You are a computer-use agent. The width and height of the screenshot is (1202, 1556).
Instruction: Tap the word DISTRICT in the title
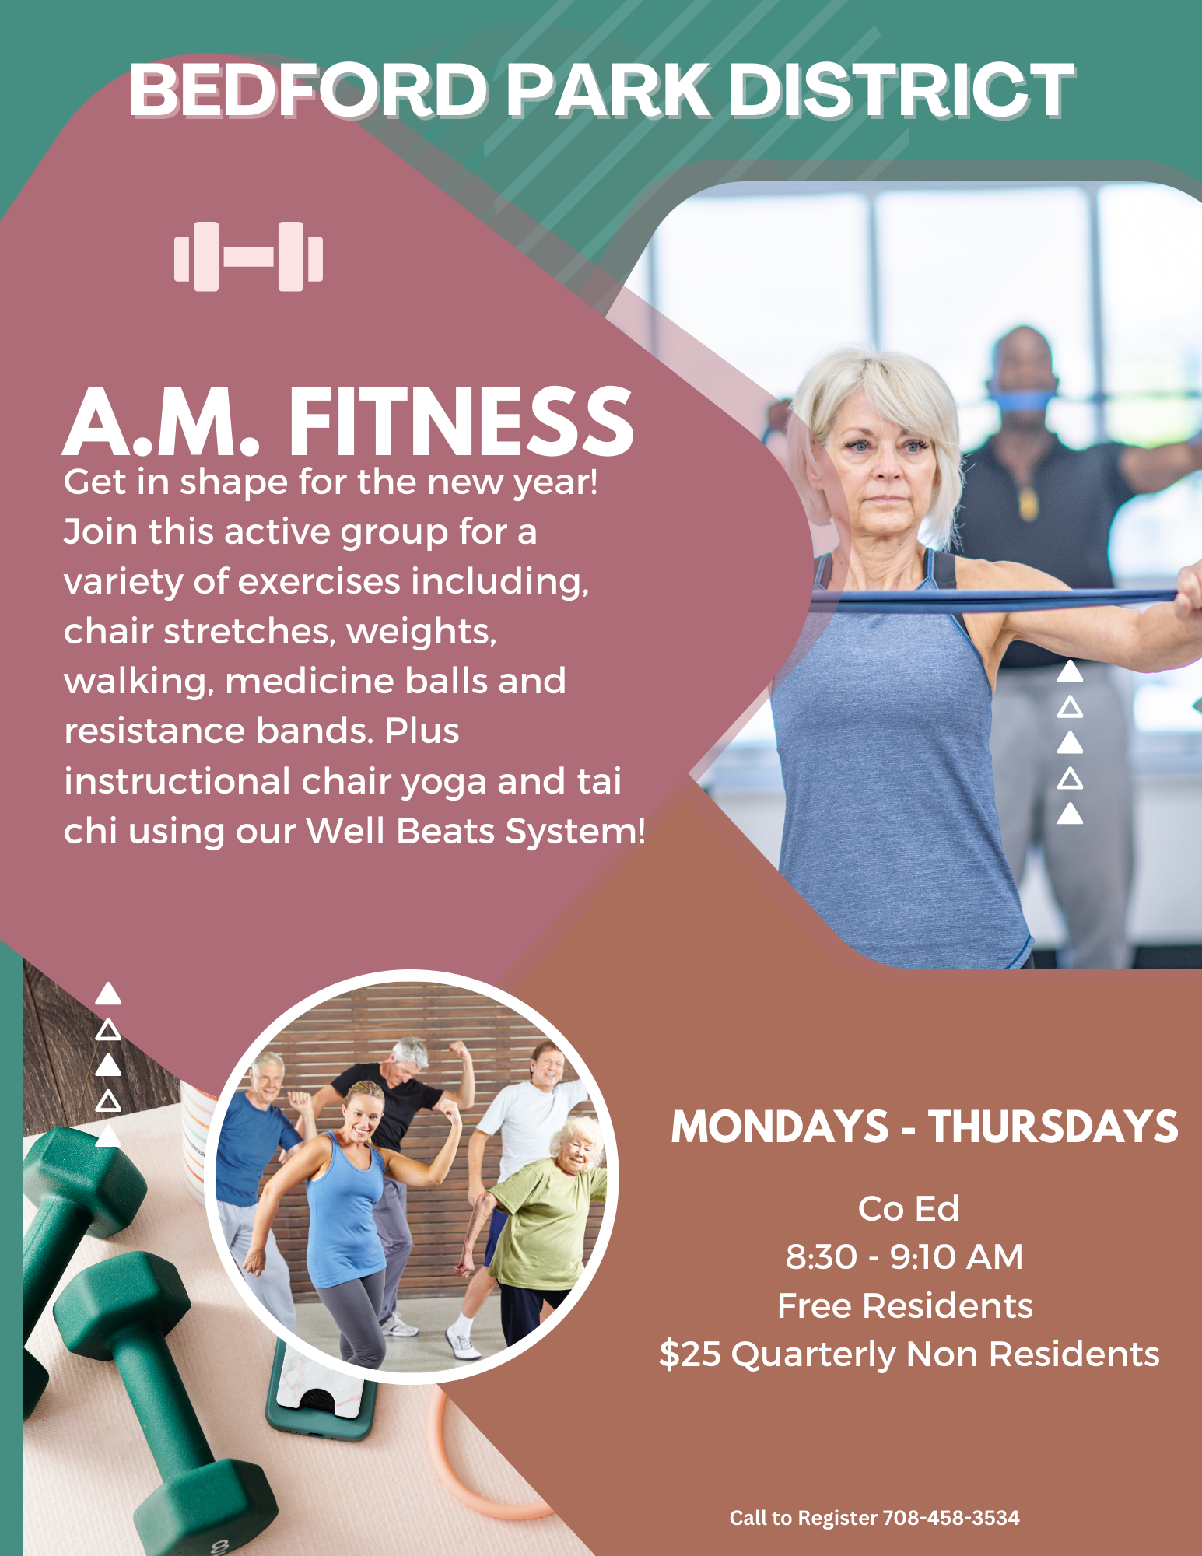coord(901,91)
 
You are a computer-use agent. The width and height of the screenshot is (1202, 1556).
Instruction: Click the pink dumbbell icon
coord(248,257)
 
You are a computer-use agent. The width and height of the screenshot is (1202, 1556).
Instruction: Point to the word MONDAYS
coord(780,1127)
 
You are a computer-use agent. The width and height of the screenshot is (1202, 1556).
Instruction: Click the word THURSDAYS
coord(1053,1127)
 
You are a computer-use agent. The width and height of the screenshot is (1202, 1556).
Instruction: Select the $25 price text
coord(690,1354)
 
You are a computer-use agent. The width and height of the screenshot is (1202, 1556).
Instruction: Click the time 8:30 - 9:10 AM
coord(904,1256)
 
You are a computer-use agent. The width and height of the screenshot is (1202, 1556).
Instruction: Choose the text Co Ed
coord(908,1208)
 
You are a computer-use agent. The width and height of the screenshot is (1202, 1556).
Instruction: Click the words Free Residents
coord(905,1305)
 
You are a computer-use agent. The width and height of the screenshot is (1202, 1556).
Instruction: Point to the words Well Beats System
coord(475,831)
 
